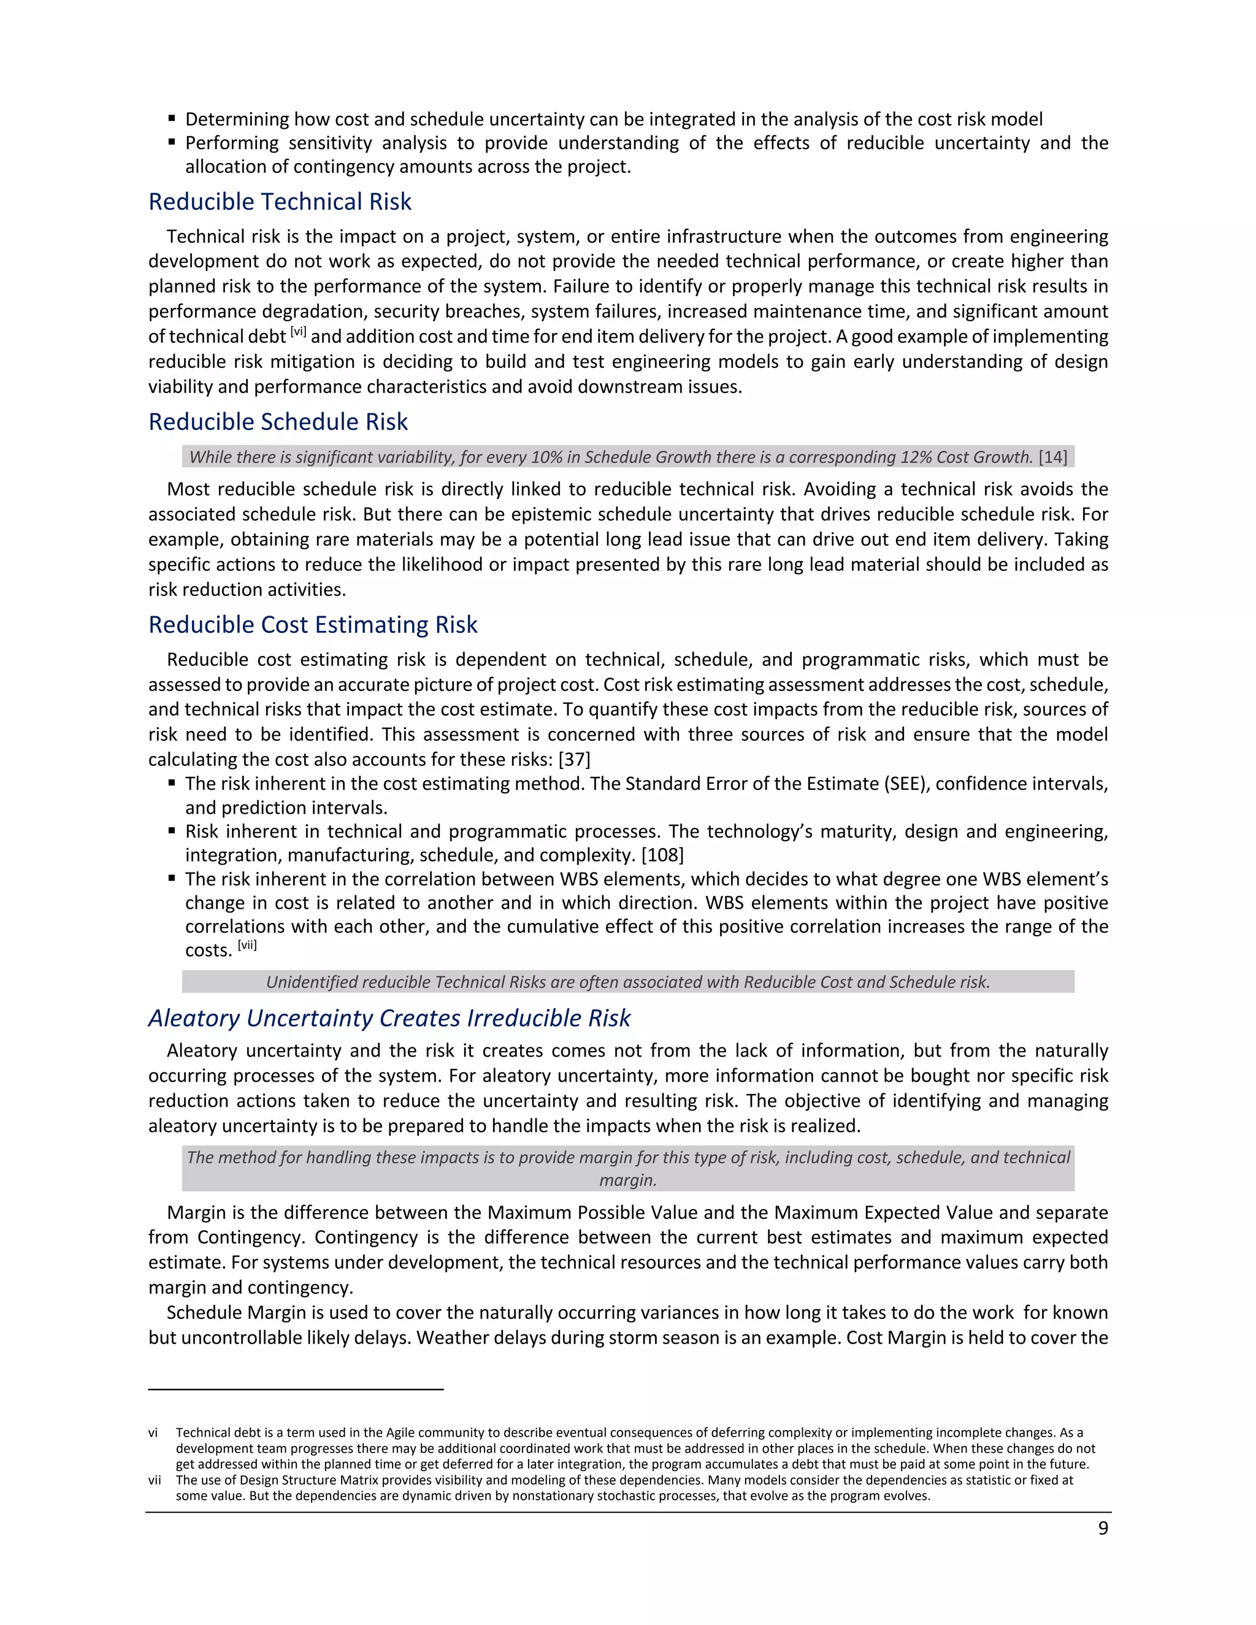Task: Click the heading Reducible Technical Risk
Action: click(x=280, y=202)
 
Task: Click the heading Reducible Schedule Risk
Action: click(x=278, y=422)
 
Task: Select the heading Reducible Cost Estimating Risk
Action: click(x=313, y=625)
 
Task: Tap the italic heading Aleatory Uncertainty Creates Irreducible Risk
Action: click(x=389, y=1018)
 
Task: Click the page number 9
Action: click(x=1103, y=1528)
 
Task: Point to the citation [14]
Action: click(x=1053, y=457)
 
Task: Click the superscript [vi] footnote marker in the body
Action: click(x=297, y=332)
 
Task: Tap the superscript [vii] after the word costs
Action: click(x=247, y=946)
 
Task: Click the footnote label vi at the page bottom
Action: click(x=153, y=1432)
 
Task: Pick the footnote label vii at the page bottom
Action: click(x=154, y=1480)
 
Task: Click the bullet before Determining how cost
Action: click(x=172, y=118)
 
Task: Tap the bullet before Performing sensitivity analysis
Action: click(x=172, y=142)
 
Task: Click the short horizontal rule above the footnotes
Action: click(x=296, y=1388)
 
